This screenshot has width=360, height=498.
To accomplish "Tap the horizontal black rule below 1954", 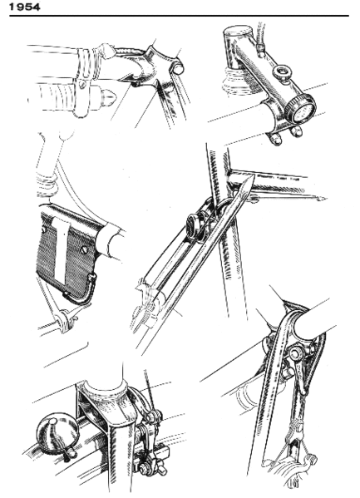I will tap(180, 17).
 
